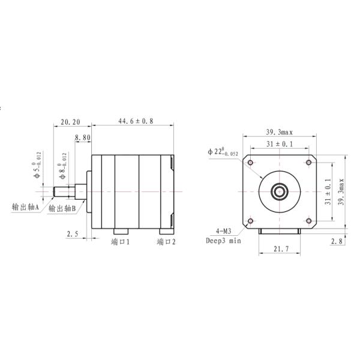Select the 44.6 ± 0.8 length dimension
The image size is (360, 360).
pos(133,121)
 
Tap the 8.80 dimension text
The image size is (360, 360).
pos(82,138)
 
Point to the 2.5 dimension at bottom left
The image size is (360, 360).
pos(73,234)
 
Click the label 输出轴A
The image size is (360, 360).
pos(26,207)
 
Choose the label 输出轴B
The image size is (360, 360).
pos(62,209)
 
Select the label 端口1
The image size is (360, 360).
pos(121,242)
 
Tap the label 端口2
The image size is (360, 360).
pos(166,242)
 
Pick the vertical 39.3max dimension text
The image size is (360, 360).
pos(340,191)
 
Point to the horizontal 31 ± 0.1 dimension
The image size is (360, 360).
pos(280,144)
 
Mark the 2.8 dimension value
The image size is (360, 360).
pos(337,241)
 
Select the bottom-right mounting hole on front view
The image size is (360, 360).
pos(309,221)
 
